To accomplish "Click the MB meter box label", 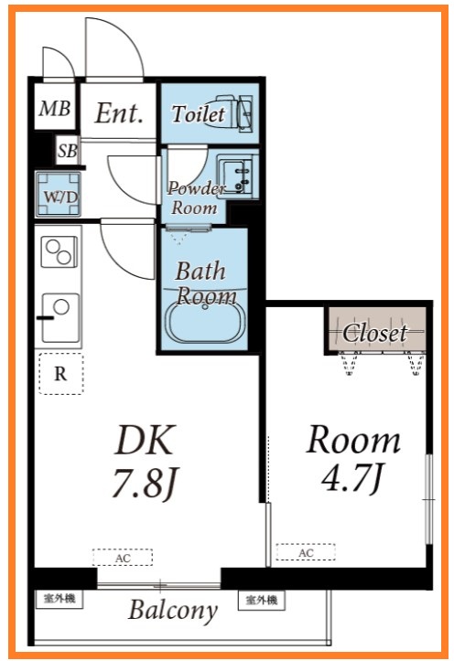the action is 54,109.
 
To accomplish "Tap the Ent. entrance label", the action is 119,113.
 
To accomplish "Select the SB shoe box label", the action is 68,151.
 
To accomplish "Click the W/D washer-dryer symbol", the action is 59,195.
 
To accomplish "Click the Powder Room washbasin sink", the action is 234,176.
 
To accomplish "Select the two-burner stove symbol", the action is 59,251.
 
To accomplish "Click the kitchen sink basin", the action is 59,318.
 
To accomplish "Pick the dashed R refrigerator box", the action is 60,374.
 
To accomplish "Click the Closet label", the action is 374,333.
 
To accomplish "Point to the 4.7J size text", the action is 351,477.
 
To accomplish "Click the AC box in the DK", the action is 123,558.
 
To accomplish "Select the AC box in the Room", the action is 306,552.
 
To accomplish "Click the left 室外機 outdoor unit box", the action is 59,599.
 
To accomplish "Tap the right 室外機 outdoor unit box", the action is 261,600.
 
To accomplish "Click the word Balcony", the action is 173,610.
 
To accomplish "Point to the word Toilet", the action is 198,113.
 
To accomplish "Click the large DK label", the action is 145,439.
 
